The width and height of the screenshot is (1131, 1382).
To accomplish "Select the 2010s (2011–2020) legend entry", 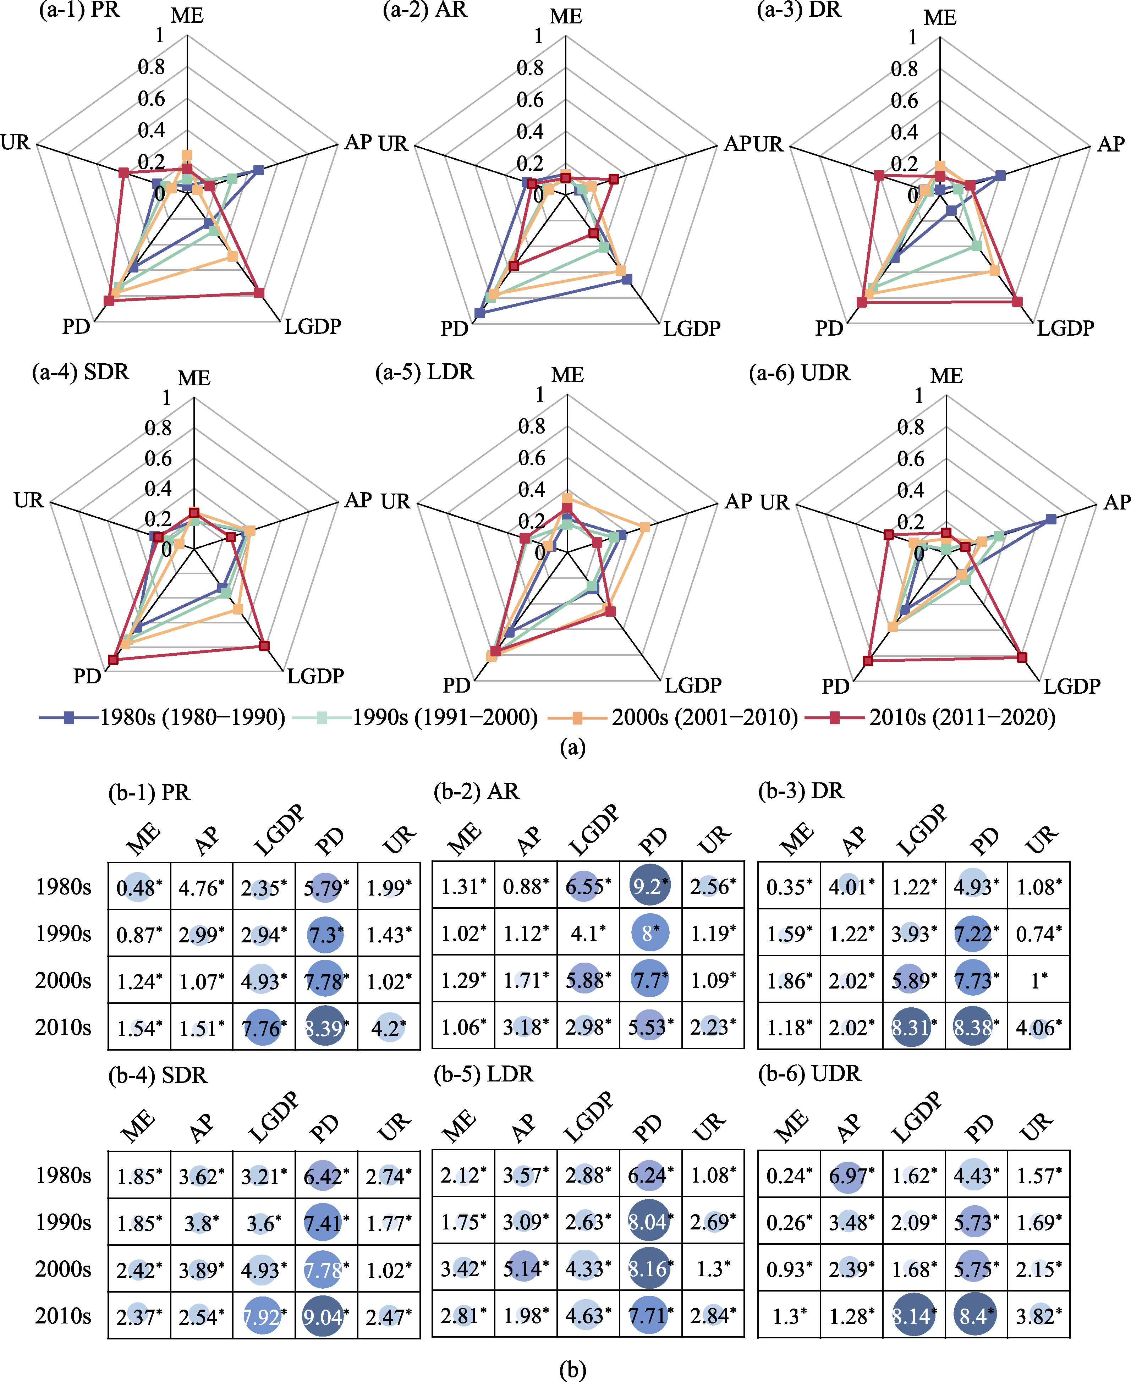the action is coord(930,718).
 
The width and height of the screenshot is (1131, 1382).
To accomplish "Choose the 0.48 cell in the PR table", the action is coord(139,887).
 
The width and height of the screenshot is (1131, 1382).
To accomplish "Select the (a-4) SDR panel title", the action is coord(81,372).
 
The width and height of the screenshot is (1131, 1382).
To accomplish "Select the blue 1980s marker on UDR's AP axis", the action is coord(1050,519).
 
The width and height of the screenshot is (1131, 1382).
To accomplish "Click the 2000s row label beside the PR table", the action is coord(63,980).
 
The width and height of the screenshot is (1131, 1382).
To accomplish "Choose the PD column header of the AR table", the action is coord(653,841).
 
